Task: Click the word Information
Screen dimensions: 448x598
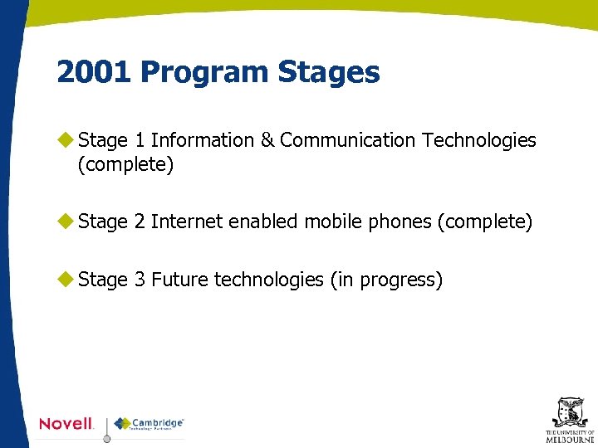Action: tap(203, 140)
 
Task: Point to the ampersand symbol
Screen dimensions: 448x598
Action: tap(267, 140)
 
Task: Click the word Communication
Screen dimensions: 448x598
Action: tap(347, 140)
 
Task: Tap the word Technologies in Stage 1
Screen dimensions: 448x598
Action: tap(479, 140)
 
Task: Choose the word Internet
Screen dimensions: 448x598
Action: tap(187, 222)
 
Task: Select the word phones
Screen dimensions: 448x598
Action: tap(399, 222)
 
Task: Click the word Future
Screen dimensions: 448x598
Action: tap(179, 280)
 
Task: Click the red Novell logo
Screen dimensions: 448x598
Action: tap(66, 423)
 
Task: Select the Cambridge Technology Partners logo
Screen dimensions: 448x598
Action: tap(149, 424)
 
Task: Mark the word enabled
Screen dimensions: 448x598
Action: tap(263, 222)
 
